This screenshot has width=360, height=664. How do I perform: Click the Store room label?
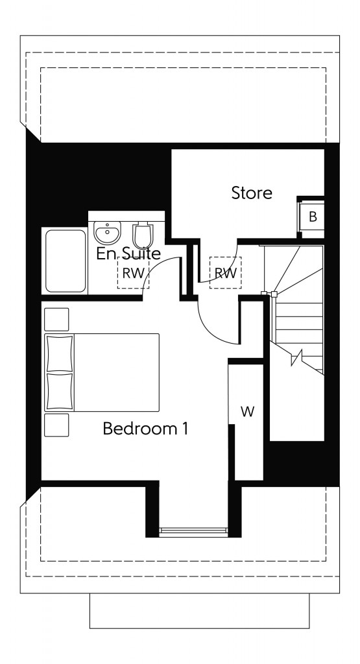pos(252,193)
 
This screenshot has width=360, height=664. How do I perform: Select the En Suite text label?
pos(128,254)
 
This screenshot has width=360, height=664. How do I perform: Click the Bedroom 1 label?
pos(145,429)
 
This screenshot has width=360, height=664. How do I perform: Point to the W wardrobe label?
pos(247,412)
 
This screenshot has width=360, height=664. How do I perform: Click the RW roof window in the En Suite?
pos(133,273)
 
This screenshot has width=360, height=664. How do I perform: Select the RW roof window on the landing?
pos(225,273)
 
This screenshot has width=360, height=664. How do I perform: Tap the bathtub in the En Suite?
pos(65,261)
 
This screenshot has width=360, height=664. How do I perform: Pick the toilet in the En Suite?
pos(141,234)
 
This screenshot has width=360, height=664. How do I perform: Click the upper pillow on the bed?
pos(60,353)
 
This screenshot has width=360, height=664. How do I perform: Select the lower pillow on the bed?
pos(60,391)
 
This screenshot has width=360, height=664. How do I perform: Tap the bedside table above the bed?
pos(56,320)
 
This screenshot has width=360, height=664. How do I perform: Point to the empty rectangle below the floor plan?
pos(199,610)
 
